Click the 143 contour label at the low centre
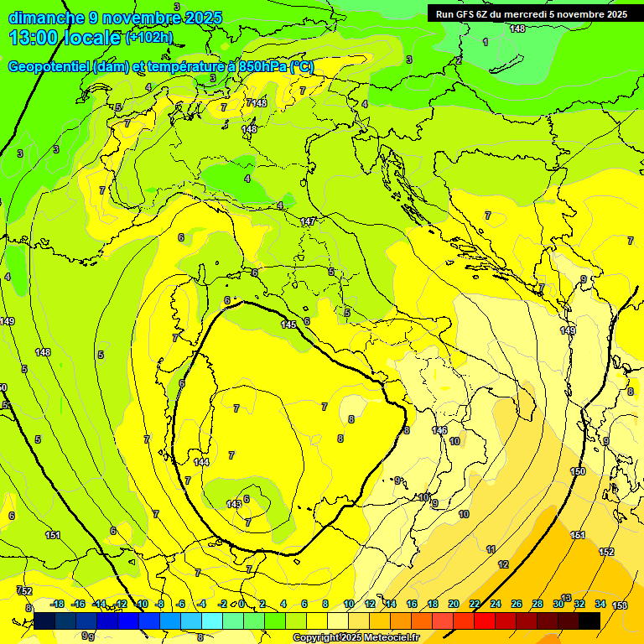[234, 504]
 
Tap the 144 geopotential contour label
[201, 462]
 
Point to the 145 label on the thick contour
[288, 325]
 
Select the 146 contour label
[439, 430]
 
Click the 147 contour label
[308, 221]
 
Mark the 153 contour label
[620, 605]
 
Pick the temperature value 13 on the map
[566, 598]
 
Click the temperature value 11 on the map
[491, 549]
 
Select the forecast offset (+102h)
[149, 38]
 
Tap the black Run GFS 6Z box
[531, 13]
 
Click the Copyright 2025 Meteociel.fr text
[356, 637]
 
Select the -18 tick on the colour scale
[57, 604]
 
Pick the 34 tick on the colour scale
[600, 604]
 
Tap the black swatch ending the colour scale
[589, 621]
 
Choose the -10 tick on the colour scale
[141, 604]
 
